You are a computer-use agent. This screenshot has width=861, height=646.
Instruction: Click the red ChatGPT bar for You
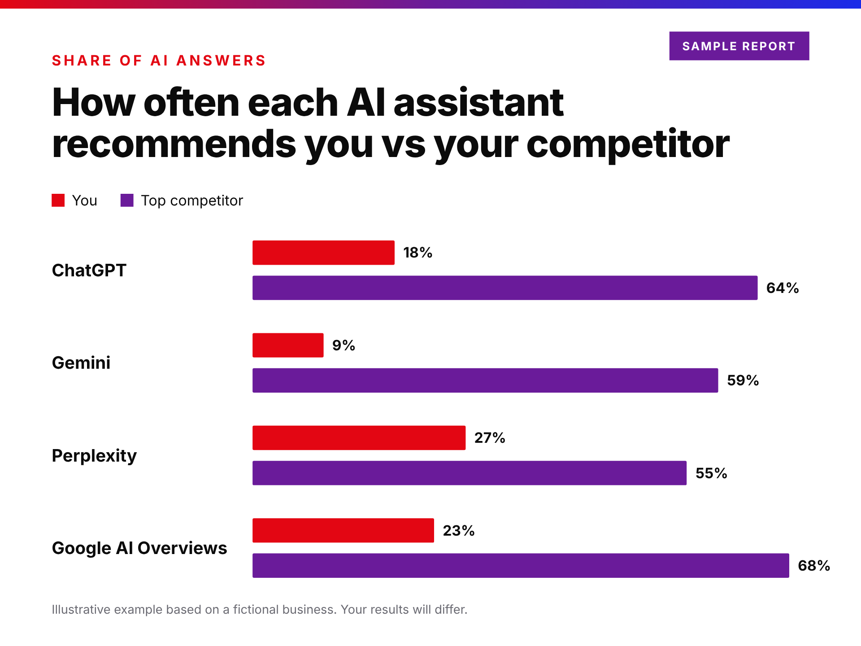(323, 253)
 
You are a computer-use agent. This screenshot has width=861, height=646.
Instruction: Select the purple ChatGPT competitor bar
(505, 288)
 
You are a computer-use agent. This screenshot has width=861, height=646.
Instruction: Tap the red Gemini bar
(288, 345)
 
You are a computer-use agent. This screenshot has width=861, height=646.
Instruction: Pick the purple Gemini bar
(485, 380)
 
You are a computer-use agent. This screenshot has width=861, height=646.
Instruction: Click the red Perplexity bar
(359, 438)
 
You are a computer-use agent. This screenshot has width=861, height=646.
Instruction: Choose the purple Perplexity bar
(470, 473)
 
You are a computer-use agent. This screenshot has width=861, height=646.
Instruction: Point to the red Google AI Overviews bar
(343, 530)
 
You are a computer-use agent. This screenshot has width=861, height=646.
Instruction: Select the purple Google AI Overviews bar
(521, 565)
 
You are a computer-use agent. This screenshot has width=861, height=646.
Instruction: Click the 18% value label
(417, 253)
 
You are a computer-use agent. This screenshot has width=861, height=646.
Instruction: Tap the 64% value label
(783, 288)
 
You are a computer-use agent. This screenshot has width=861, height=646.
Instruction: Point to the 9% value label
(344, 345)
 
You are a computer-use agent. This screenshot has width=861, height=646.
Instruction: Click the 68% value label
(814, 565)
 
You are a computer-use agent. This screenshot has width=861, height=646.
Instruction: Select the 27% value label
(490, 438)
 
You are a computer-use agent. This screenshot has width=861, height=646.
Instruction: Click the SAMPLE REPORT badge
(739, 46)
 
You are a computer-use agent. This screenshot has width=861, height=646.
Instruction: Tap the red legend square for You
(58, 200)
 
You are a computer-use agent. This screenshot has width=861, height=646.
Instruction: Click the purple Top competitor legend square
(127, 200)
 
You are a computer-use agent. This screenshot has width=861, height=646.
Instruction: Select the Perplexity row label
(94, 456)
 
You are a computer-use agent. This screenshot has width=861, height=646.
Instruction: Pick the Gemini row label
(81, 362)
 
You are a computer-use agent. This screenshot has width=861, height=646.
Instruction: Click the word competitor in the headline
(628, 144)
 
